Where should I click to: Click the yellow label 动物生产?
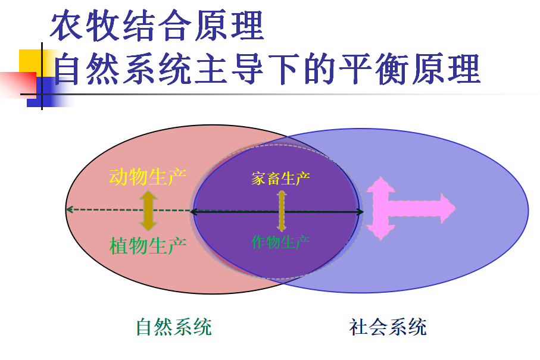click(148, 177)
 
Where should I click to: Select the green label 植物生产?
click(148, 245)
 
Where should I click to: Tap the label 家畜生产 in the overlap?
click(280, 179)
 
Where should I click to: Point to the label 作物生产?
click(280, 242)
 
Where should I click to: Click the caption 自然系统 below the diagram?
click(174, 327)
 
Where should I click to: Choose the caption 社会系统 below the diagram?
click(388, 327)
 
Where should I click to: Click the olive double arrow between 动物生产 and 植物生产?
click(148, 211)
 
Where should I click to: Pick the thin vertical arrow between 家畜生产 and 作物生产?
click(282, 211)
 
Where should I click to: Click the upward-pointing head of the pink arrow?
click(379, 186)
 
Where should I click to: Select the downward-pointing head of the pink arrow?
click(379, 231)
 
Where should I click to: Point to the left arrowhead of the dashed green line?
click(69, 209)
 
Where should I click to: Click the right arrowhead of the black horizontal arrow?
click(358, 211)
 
